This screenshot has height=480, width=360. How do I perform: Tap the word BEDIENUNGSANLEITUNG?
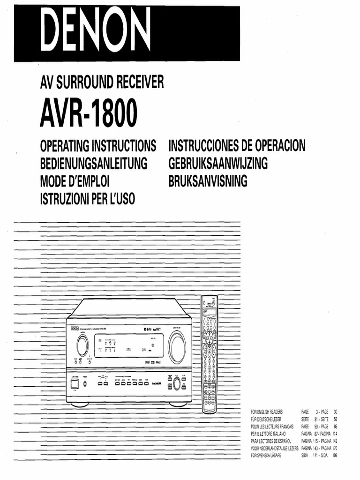[x=94, y=164]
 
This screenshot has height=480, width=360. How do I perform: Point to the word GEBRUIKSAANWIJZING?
[x=218, y=164]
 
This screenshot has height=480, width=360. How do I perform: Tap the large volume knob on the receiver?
[x=177, y=347]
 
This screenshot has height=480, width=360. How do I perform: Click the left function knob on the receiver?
[x=82, y=346]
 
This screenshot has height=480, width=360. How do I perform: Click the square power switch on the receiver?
[x=74, y=383]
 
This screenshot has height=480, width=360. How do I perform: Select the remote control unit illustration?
[x=210, y=354]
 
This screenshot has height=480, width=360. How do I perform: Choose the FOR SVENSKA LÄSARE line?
[x=266, y=455]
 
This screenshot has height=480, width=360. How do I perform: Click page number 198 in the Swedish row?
[x=335, y=455]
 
